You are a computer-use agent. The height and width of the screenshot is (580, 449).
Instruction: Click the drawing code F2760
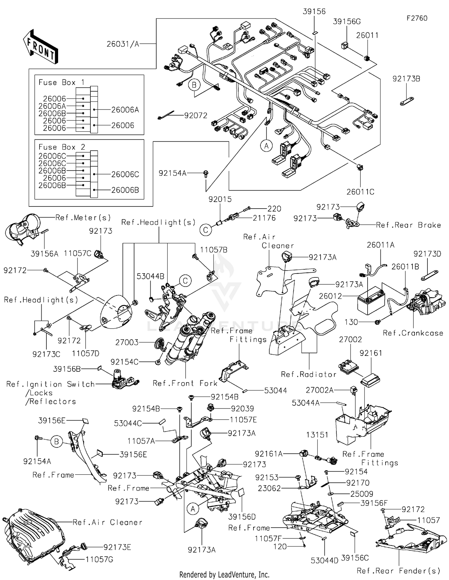[x=417, y=18]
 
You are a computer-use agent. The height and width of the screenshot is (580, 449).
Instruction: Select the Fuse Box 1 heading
[x=62, y=82]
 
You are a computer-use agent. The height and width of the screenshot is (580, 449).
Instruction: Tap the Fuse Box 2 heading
[x=62, y=147]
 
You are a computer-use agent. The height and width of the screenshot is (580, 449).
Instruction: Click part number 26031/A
[x=123, y=44]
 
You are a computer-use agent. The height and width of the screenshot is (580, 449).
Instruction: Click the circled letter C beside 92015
[x=206, y=230]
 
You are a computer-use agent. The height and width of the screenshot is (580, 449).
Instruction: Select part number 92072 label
[x=196, y=116]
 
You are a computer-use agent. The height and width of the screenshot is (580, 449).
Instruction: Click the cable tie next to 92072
[x=166, y=115]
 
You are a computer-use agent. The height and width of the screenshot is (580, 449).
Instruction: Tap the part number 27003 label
[x=127, y=342]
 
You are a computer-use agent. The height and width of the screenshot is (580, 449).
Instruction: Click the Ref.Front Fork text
[x=185, y=383]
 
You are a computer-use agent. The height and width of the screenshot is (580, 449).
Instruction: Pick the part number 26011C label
[x=360, y=192]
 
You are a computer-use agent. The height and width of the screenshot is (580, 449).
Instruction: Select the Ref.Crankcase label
[x=413, y=333]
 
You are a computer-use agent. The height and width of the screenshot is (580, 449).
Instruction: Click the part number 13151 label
[x=317, y=435]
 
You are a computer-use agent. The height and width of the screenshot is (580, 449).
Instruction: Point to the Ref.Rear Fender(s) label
[x=398, y=571]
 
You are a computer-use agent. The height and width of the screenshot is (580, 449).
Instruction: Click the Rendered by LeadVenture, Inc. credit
[x=224, y=575]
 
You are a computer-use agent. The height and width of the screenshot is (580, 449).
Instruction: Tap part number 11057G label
[x=99, y=559]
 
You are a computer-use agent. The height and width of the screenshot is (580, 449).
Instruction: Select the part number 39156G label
[x=347, y=22]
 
